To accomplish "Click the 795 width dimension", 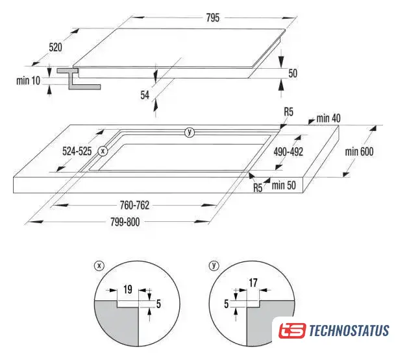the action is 213,18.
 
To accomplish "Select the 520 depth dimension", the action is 55,47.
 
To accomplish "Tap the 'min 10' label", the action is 29,80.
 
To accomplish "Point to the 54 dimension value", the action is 145,95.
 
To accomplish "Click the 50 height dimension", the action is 293,73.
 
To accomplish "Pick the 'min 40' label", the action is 328,118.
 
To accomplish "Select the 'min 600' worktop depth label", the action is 359,152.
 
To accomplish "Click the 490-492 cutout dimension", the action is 288,152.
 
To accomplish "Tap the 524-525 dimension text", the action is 77,151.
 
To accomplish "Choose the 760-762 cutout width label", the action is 134,205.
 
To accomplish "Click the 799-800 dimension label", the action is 125,222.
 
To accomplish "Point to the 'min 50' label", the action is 284,186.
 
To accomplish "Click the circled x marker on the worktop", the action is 103,151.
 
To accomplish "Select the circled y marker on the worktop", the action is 190,132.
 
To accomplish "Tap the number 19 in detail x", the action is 128,289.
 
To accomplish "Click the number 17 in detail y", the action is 253,283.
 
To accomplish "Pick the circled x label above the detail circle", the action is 99,266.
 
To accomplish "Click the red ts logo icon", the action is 292,330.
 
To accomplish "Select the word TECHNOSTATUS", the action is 349,331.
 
